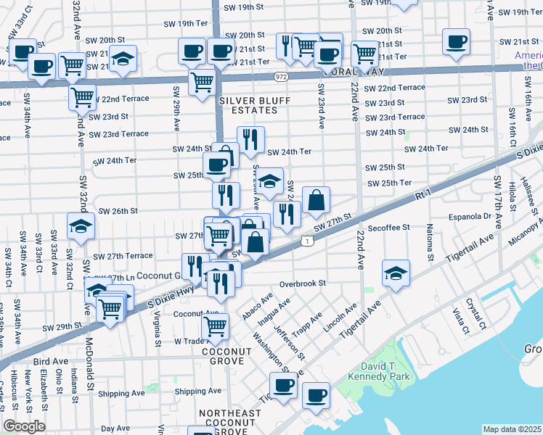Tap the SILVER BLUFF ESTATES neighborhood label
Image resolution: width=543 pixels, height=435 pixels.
click(x=248, y=105)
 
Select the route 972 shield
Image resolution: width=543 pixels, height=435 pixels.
click(x=281, y=75)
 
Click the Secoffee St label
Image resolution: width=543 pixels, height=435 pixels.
click(x=389, y=227)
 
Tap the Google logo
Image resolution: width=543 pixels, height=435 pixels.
click(x=24, y=426)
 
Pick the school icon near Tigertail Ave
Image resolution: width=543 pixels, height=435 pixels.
click(x=396, y=273)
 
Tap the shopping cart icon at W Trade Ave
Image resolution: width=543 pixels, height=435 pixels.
click(x=216, y=328)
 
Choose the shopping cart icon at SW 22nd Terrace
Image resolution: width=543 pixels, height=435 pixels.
click(x=83, y=97)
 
